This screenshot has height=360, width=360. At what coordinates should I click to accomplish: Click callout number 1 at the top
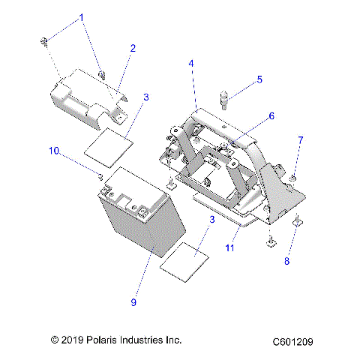click(82, 17)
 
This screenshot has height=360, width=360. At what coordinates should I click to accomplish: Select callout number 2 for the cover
click(132, 49)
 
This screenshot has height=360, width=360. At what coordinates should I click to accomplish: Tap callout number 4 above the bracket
click(191, 65)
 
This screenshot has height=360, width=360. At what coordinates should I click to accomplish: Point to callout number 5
click(259, 79)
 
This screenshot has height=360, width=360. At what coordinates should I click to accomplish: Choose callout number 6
click(271, 116)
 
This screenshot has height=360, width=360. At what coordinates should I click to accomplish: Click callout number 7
click(300, 140)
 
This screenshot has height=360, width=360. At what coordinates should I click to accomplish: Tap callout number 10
click(53, 151)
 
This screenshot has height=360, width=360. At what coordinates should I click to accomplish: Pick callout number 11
click(230, 247)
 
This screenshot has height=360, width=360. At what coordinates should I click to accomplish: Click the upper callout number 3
click(145, 97)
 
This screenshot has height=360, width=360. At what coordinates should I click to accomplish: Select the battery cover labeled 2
click(86, 94)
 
